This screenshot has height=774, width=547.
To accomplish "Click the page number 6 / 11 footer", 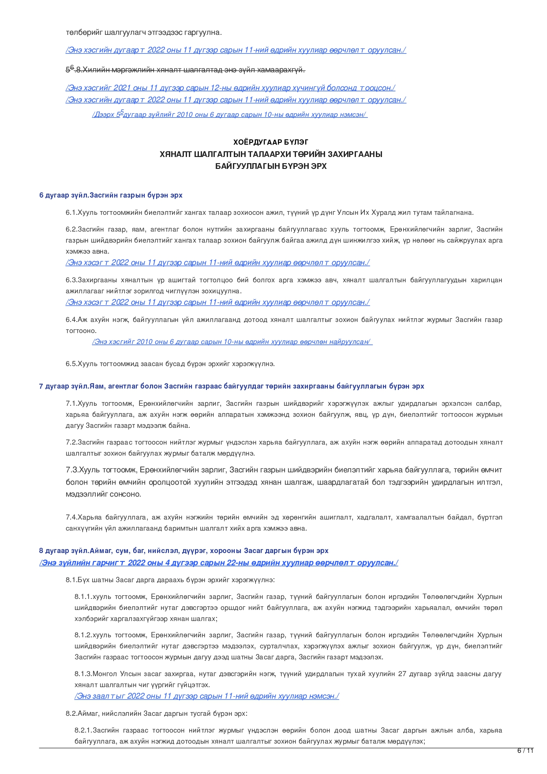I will tap(525, 751).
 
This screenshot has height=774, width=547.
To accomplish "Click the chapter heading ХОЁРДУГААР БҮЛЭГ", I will tap(271, 142).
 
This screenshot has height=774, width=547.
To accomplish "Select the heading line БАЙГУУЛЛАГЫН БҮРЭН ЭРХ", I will tap(271, 166).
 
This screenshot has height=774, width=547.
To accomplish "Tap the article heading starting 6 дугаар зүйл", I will tap(111, 195).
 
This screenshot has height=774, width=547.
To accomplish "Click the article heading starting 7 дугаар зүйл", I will tap(232, 386).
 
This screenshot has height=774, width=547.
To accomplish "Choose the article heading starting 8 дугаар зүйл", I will tap(184, 550).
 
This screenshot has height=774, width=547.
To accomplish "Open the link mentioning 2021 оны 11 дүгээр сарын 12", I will tap(230, 88).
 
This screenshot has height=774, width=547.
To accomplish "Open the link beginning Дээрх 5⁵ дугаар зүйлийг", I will tap(230, 115).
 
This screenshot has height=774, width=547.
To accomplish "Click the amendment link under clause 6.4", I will tap(232, 342).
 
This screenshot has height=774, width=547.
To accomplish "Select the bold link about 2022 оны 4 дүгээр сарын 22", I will tap(219, 563).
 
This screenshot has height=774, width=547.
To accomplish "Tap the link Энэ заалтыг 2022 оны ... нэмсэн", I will tap(206, 696).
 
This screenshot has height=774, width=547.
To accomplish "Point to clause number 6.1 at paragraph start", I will tap(71, 213).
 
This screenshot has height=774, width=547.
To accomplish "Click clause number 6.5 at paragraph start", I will tap(71, 364).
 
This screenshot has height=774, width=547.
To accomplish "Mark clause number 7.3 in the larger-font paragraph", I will tap(72, 470).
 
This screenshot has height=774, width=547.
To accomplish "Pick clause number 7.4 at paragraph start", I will tap(71, 517).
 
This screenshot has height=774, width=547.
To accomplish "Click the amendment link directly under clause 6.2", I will tap(218, 263).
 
